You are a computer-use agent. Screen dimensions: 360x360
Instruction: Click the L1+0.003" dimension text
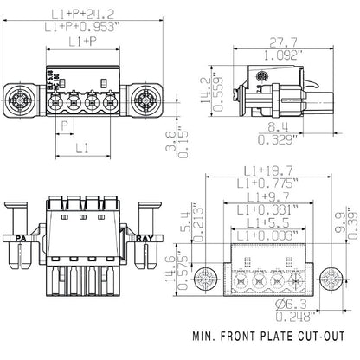point(268,236)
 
